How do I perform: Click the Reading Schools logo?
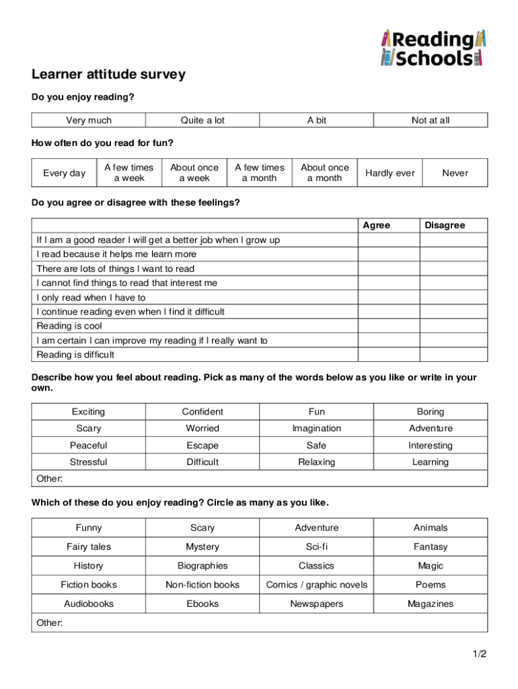433,48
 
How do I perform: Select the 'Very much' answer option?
89,120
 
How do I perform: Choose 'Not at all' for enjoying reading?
431,120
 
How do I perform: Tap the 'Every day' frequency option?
65,173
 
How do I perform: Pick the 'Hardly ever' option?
390,173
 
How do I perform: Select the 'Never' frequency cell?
455,173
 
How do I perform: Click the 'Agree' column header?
377,225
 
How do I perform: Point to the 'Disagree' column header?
445,225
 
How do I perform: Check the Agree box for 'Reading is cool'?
389,326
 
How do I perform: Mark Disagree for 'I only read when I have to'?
454,297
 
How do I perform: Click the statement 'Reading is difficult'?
75,355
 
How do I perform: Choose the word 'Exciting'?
89,412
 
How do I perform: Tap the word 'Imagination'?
316,429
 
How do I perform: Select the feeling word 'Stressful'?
89,462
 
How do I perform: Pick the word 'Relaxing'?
316,462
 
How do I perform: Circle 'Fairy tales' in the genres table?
89,547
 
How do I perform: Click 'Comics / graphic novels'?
317,585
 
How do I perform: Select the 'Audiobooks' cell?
89,604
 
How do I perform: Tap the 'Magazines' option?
431,604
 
